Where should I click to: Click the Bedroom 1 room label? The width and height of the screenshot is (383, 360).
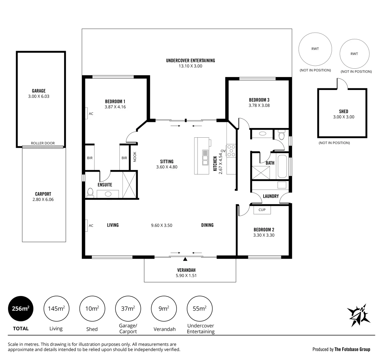click(x=115, y=101)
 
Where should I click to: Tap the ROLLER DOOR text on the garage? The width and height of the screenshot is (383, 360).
click(x=43, y=143)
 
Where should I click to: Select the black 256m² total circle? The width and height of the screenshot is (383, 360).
click(x=21, y=309)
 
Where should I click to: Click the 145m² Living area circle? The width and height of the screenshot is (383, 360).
click(x=56, y=309)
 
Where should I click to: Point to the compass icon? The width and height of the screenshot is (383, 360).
click(x=359, y=315)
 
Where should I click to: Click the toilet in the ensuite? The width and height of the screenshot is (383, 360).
click(x=90, y=193)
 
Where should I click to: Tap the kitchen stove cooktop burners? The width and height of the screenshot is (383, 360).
click(x=231, y=151)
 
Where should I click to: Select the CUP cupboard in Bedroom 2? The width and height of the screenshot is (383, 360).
click(x=262, y=210)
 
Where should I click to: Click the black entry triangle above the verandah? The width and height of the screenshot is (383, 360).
click(x=185, y=259)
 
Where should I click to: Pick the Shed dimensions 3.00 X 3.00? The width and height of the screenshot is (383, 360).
click(x=344, y=117)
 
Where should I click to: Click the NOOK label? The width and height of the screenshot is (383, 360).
click(x=135, y=157)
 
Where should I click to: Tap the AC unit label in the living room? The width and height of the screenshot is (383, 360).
click(x=91, y=226)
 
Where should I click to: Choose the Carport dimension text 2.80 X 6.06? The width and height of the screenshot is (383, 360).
click(x=43, y=199)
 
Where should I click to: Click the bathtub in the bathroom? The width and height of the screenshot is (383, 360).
click(x=283, y=166)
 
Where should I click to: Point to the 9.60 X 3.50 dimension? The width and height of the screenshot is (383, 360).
click(x=162, y=225)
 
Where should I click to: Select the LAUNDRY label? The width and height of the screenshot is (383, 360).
click(x=271, y=196)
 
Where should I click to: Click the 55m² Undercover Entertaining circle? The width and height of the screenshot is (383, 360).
click(x=200, y=309)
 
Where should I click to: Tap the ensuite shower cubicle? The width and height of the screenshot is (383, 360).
click(x=129, y=185)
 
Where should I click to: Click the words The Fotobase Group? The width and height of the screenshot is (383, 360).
click(x=352, y=349)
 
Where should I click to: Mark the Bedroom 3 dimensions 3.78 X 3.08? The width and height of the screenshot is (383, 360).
click(x=259, y=105)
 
